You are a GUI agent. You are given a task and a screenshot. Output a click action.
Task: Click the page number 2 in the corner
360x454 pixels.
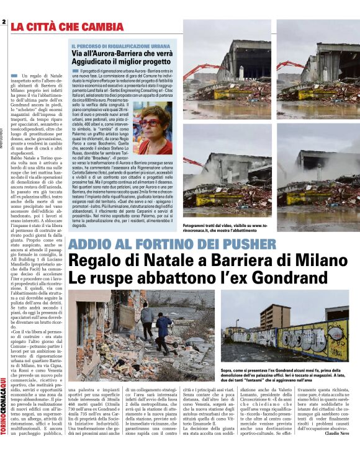tap(4, 22)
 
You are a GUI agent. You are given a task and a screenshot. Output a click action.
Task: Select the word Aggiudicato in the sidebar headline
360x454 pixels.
tap(96, 62)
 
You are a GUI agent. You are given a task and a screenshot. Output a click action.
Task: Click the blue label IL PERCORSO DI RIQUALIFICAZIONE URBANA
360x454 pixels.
tap(111, 46)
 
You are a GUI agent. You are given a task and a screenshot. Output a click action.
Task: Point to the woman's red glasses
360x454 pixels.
tap(149, 122)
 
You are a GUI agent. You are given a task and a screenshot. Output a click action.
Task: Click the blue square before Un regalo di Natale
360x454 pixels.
tap(15, 75)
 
